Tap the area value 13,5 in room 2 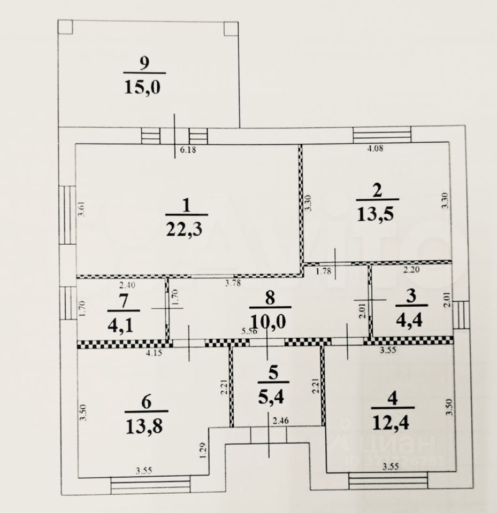[x=377, y=214]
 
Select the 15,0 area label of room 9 [x=144, y=86]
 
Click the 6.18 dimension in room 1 [x=188, y=150]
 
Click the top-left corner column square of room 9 [x=65, y=27]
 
